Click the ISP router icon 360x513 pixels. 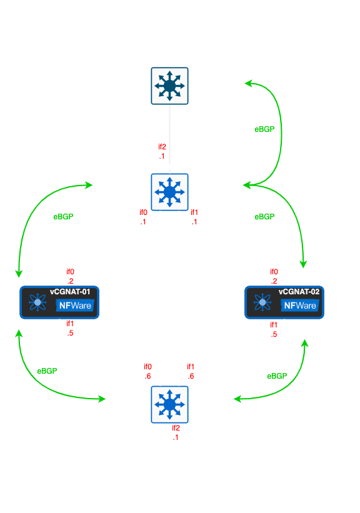click(x=169, y=86)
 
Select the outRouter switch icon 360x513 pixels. click(x=169, y=191)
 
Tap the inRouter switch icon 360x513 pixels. click(x=169, y=404)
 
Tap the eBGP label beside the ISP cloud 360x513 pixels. click(x=264, y=129)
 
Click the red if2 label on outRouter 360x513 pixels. click(x=162, y=147)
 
